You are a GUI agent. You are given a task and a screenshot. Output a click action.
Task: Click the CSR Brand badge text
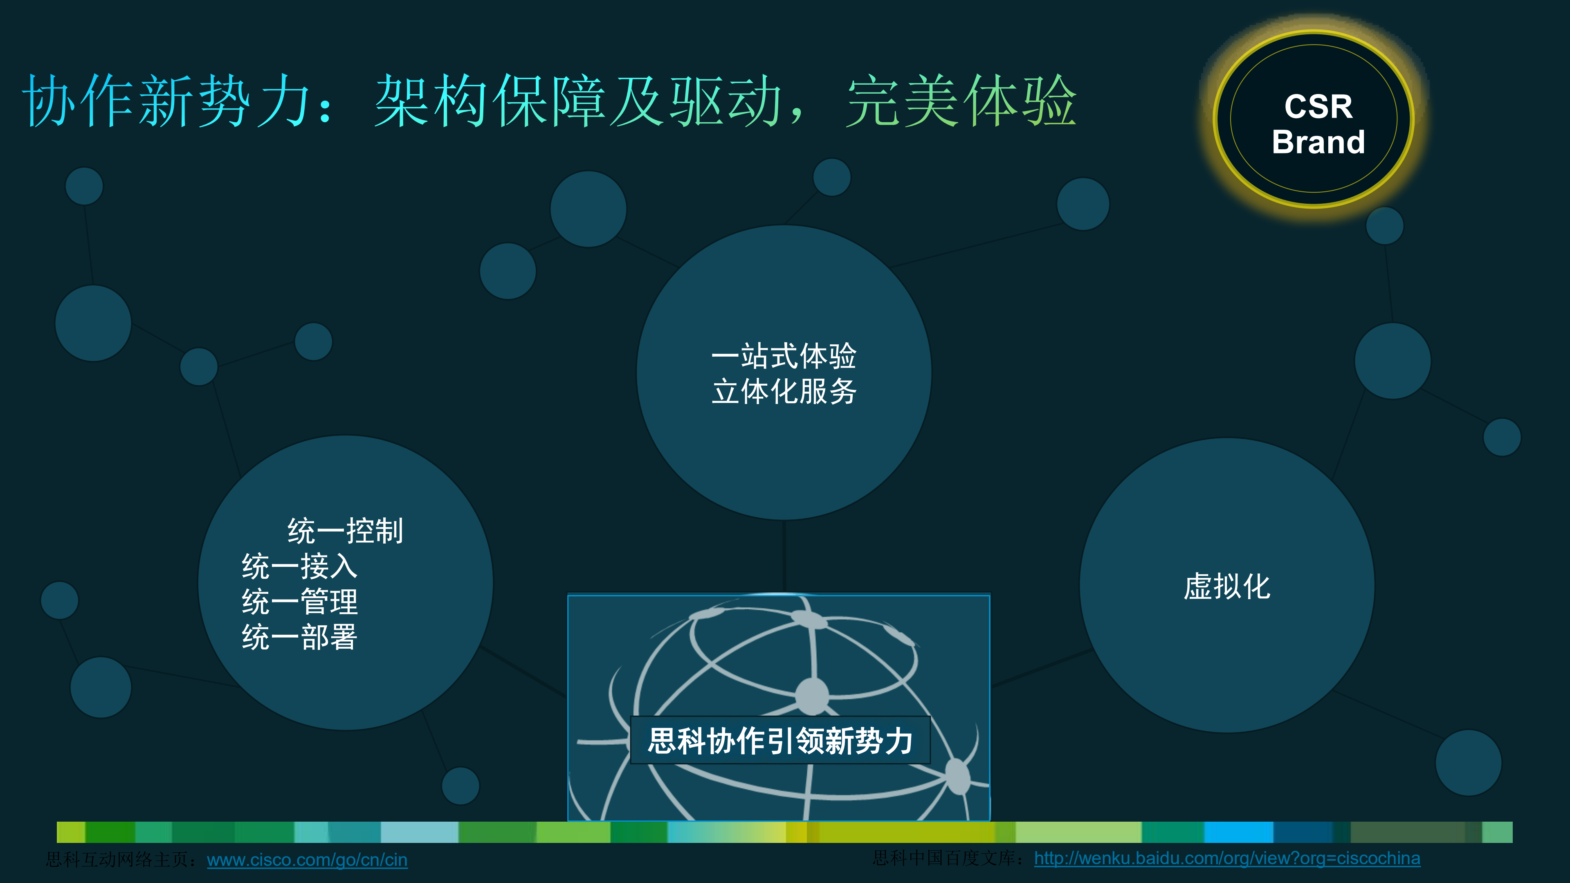point(1318,124)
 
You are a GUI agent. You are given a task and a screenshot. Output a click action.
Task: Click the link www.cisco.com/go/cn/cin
point(307,860)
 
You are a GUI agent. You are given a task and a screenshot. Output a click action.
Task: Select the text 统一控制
point(345,531)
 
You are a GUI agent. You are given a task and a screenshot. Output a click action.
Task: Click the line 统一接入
point(299,566)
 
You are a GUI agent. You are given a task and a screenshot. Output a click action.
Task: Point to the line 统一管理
point(299,602)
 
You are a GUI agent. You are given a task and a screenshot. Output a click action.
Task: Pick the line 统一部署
point(299,637)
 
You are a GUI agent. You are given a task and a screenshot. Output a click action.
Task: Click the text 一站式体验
point(784,356)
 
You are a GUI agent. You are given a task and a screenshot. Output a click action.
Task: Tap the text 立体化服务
point(784,391)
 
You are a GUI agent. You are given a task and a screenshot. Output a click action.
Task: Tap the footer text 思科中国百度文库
point(943,858)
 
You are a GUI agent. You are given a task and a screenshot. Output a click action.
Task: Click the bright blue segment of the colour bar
point(1238,832)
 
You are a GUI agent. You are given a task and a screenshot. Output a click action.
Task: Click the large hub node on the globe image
point(813,695)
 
